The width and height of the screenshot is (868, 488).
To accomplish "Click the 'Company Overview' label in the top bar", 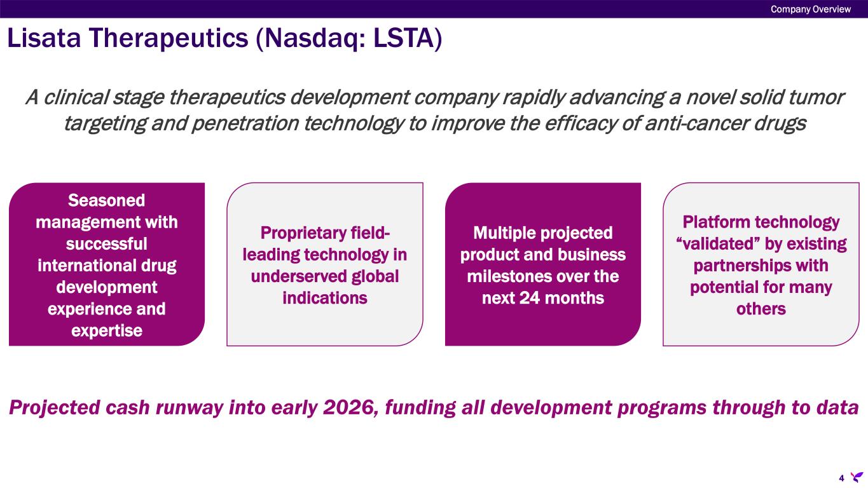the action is click(811, 10).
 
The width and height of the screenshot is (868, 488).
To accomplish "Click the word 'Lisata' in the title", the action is click(44, 38).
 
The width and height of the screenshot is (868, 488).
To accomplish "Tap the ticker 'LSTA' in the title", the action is click(403, 38).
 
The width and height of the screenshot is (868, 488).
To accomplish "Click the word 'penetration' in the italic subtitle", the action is click(245, 124).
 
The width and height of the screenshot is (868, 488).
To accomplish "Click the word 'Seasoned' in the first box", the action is click(107, 200).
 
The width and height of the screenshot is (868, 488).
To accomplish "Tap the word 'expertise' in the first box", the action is click(107, 331).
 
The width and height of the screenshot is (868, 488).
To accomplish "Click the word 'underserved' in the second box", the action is click(298, 276).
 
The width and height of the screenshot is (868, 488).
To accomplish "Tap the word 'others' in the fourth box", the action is click(761, 309).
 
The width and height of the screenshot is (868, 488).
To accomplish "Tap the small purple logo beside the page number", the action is click(857, 477).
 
